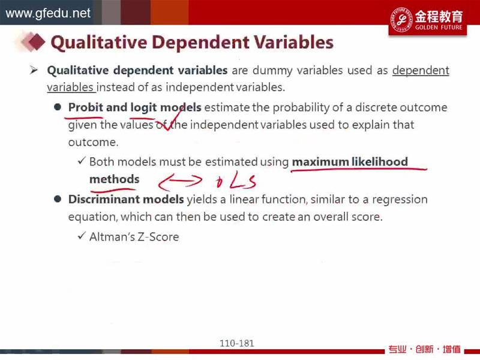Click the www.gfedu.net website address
coord(48,13)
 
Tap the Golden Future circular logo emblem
coord(401,20)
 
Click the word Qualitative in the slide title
coord(99,43)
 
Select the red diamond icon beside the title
coord(36,42)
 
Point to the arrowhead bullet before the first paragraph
coord(34,71)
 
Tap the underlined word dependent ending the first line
coord(421,71)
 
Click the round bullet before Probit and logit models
coord(58,107)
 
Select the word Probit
coord(85,107)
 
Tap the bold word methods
coord(114,179)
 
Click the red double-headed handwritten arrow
coord(180,182)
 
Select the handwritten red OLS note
coord(236,181)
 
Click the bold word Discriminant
coord(104,199)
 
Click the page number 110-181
coord(237,343)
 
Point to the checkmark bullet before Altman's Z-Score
coord(82,236)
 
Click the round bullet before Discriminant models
coord(58,199)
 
